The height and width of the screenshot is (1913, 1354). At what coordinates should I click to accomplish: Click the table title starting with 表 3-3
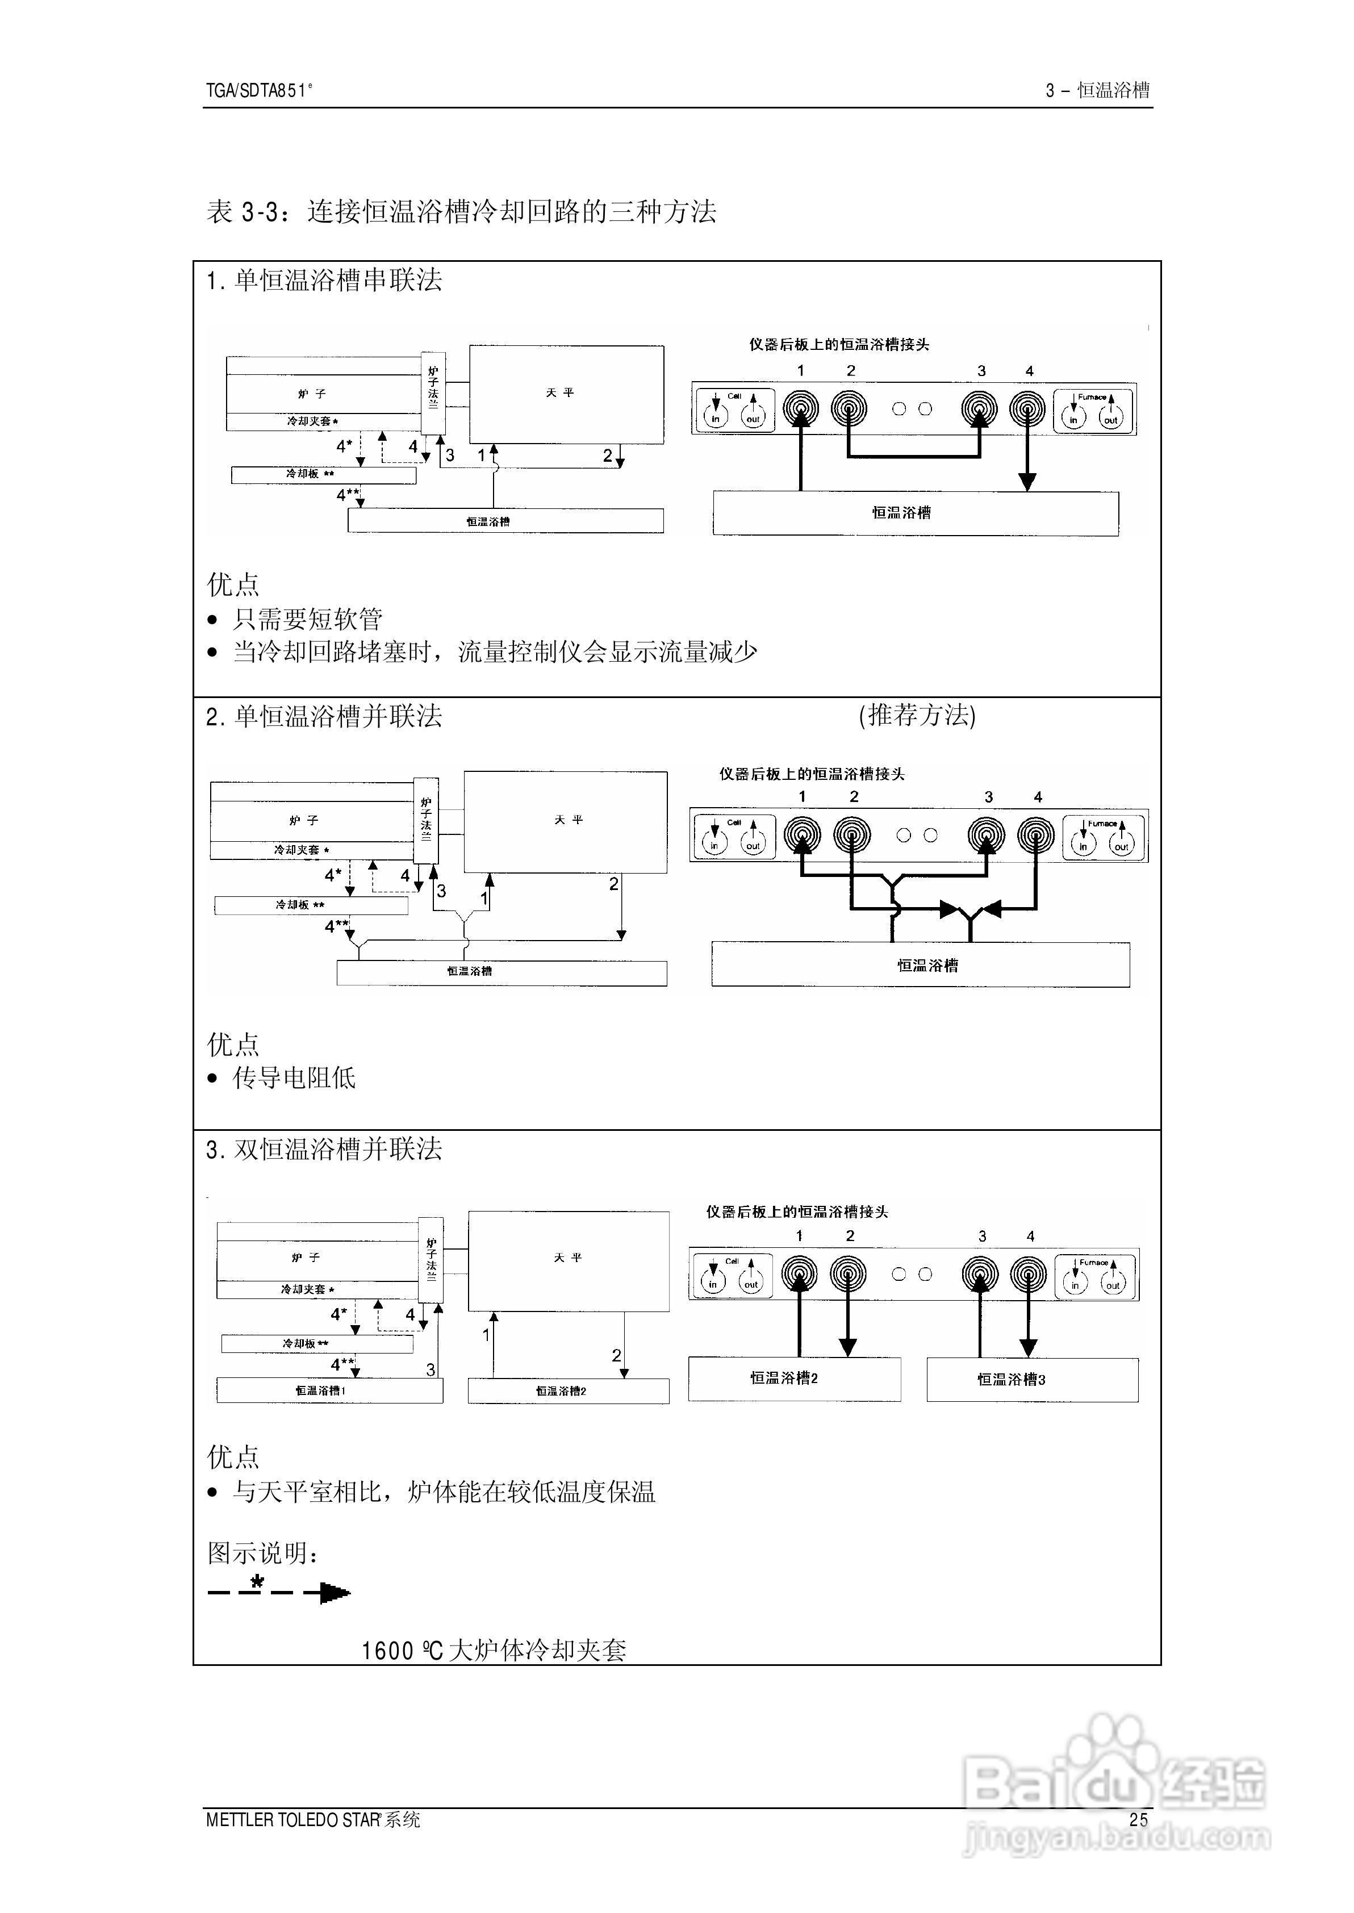coord(461,212)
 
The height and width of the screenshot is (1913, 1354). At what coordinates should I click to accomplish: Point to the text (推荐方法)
coord(917,715)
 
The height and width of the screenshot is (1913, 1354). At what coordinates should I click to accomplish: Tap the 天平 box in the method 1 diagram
coord(566,394)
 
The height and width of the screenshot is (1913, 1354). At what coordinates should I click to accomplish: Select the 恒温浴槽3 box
coord(1031,1380)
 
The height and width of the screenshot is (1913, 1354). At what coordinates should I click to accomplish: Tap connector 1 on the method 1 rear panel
coord(800,408)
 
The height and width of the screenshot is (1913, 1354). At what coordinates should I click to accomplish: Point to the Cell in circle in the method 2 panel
coord(714,843)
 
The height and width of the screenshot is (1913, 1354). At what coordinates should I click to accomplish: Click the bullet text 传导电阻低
coord(294,1078)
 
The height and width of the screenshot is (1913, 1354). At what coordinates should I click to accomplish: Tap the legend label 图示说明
coord(262,1553)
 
